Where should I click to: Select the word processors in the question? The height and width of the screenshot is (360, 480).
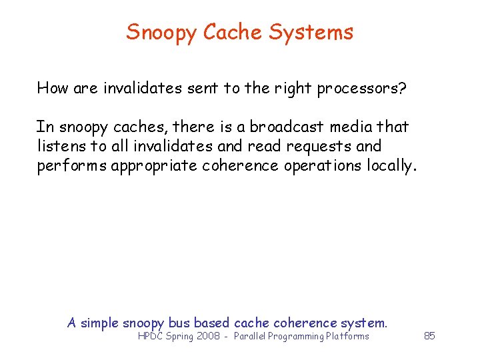tap(359, 89)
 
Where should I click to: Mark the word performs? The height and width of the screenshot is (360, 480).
tap(71, 166)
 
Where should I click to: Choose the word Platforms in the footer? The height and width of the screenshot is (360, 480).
tap(347, 337)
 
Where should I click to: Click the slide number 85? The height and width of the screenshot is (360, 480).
tap(429, 336)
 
